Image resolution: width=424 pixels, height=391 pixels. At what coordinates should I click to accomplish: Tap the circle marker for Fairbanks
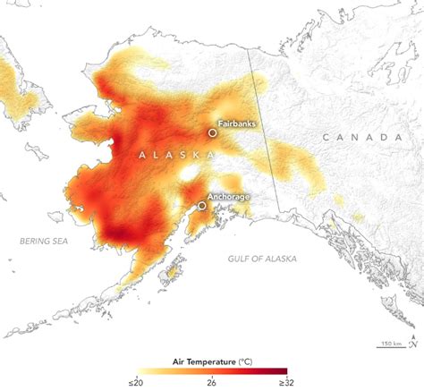pos(213,132)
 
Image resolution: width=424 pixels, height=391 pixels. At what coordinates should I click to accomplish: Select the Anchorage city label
pos(227,195)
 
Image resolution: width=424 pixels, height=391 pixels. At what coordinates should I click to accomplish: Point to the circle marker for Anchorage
pos(203,205)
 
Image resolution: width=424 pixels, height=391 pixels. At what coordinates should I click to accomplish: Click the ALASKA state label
pos(175,155)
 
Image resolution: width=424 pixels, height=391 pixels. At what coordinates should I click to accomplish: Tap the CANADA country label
pos(361,137)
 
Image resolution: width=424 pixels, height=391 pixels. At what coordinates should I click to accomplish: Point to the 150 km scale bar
pos(390,344)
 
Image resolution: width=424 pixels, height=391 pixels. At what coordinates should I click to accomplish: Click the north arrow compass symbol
pos(414,342)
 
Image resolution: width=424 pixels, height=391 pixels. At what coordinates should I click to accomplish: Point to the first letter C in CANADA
pos(326,137)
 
